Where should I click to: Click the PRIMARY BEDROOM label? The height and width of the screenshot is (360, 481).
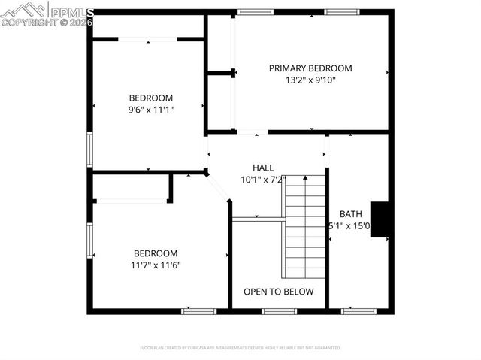click(310, 68)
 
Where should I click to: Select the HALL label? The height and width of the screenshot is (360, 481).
click(263, 168)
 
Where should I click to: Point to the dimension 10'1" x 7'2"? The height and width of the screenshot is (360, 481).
click(263, 180)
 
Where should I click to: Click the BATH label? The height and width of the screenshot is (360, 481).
click(350, 213)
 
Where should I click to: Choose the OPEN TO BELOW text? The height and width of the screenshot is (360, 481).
click(278, 292)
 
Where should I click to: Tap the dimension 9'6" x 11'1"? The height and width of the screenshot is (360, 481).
click(151, 110)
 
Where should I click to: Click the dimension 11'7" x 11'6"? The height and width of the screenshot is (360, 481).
click(156, 265)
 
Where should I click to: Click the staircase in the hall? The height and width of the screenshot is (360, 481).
click(304, 225)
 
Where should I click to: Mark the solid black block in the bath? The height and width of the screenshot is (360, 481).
click(381, 219)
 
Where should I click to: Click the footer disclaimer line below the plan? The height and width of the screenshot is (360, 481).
click(240, 348)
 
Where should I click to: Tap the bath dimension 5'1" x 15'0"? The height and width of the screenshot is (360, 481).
click(348, 225)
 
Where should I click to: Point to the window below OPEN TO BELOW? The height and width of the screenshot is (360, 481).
click(279, 310)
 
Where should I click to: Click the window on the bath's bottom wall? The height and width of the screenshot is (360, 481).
click(358, 310)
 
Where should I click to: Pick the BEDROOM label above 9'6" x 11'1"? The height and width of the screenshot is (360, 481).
click(151, 98)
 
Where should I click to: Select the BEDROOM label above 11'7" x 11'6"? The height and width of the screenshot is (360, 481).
click(156, 253)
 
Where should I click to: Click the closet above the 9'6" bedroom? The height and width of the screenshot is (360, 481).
click(147, 26)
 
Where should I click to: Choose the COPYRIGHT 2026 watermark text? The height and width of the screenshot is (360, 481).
click(47, 23)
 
